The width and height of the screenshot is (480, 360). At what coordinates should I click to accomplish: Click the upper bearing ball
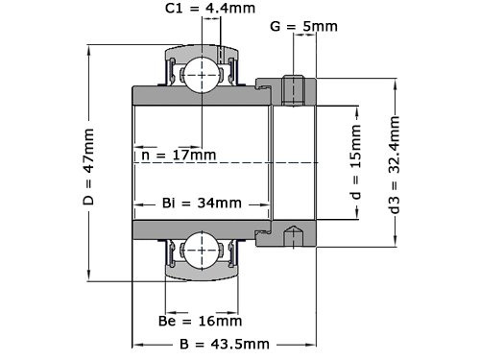(203, 71)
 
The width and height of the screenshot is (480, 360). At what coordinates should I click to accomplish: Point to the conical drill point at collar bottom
(295, 233)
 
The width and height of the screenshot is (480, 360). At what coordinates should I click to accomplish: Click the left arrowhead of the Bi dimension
(137, 204)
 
